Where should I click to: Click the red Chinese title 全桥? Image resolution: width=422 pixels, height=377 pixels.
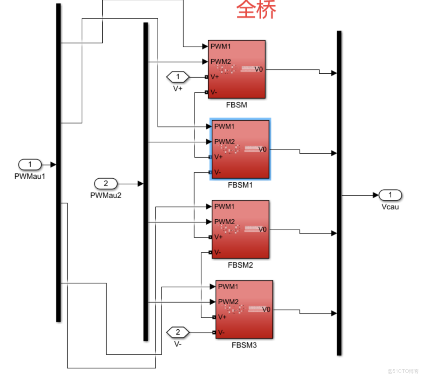tap(256, 9)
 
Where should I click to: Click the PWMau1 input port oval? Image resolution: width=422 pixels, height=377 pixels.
tap(30, 164)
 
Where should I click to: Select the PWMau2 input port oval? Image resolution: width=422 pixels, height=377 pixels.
tap(105, 184)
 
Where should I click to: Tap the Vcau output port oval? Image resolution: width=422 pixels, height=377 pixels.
tap(390, 195)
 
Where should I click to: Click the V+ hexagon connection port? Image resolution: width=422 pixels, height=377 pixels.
tap(178, 77)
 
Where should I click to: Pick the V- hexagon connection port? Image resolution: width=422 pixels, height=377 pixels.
tap(178, 333)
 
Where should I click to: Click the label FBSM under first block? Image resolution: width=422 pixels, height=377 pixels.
tap(236, 105)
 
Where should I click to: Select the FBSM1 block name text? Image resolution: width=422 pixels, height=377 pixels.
tap(240, 185)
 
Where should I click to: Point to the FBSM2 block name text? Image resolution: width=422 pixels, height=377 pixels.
tap(240, 265)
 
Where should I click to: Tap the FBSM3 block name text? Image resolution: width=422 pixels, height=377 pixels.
tap(244, 345)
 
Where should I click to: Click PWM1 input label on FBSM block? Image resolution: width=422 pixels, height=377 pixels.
tap(221, 46)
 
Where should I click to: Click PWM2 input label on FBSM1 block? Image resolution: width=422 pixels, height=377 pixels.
tap(225, 142)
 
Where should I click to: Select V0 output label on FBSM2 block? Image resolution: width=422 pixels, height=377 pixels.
tap(262, 229)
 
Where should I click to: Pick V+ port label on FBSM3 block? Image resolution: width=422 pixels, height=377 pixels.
tap(222, 317)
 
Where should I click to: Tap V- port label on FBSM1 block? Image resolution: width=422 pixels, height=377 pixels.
tap(218, 172)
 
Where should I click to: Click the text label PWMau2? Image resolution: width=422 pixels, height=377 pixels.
tap(105, 195)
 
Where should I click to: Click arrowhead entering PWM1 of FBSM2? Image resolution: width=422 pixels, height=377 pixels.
tap(209, 206)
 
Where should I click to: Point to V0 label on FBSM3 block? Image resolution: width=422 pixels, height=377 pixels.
tap(266, 309)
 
